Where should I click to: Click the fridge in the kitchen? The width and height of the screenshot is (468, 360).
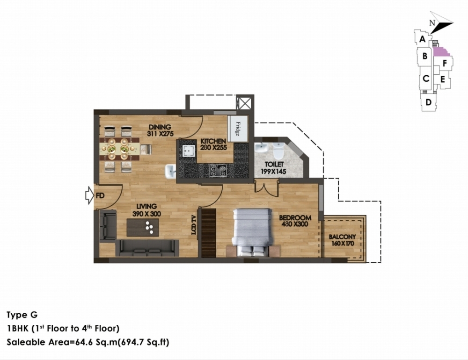click(238, 129)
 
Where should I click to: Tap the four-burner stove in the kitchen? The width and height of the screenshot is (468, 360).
click(218, 170)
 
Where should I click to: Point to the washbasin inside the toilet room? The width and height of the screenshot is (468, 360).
click(262, 148)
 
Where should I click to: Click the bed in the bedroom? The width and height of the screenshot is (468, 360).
click(253, 232)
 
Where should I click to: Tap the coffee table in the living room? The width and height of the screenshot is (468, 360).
click(143, 227)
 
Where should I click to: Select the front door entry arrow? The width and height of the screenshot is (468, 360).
click(89, 195)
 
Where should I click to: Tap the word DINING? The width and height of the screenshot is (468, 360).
click(160, 127)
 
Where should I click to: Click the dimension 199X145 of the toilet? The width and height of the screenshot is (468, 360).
click(273, 171)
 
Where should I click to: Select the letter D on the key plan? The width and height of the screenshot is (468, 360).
click(429, 102)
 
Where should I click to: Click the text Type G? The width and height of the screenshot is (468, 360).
click(22, 315)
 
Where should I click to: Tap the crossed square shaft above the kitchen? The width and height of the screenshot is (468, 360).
click(245, 103)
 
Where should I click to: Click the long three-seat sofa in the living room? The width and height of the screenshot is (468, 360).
click(147, 248)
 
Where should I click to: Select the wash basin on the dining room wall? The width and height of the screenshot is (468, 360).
click(170, 172)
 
